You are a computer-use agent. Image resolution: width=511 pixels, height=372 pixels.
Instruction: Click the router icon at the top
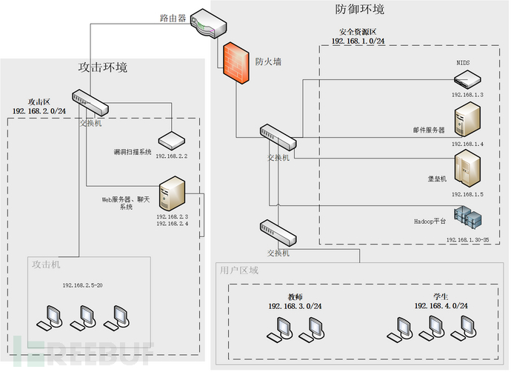point(205,23)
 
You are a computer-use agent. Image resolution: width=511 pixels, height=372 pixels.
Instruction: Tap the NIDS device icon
point(467,77)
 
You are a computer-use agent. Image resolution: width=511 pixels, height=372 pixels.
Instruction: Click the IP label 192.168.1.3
point(467,95)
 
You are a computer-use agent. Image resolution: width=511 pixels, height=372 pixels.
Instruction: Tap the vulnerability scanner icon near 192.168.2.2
point(171,140)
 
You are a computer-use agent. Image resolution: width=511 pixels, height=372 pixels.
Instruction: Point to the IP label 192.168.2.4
point(172,224)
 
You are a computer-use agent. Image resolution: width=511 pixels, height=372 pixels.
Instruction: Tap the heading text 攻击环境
point(103,67)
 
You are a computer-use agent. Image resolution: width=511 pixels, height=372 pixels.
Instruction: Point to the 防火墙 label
point(268,62)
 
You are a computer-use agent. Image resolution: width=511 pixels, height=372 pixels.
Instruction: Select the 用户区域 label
point(238,270)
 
